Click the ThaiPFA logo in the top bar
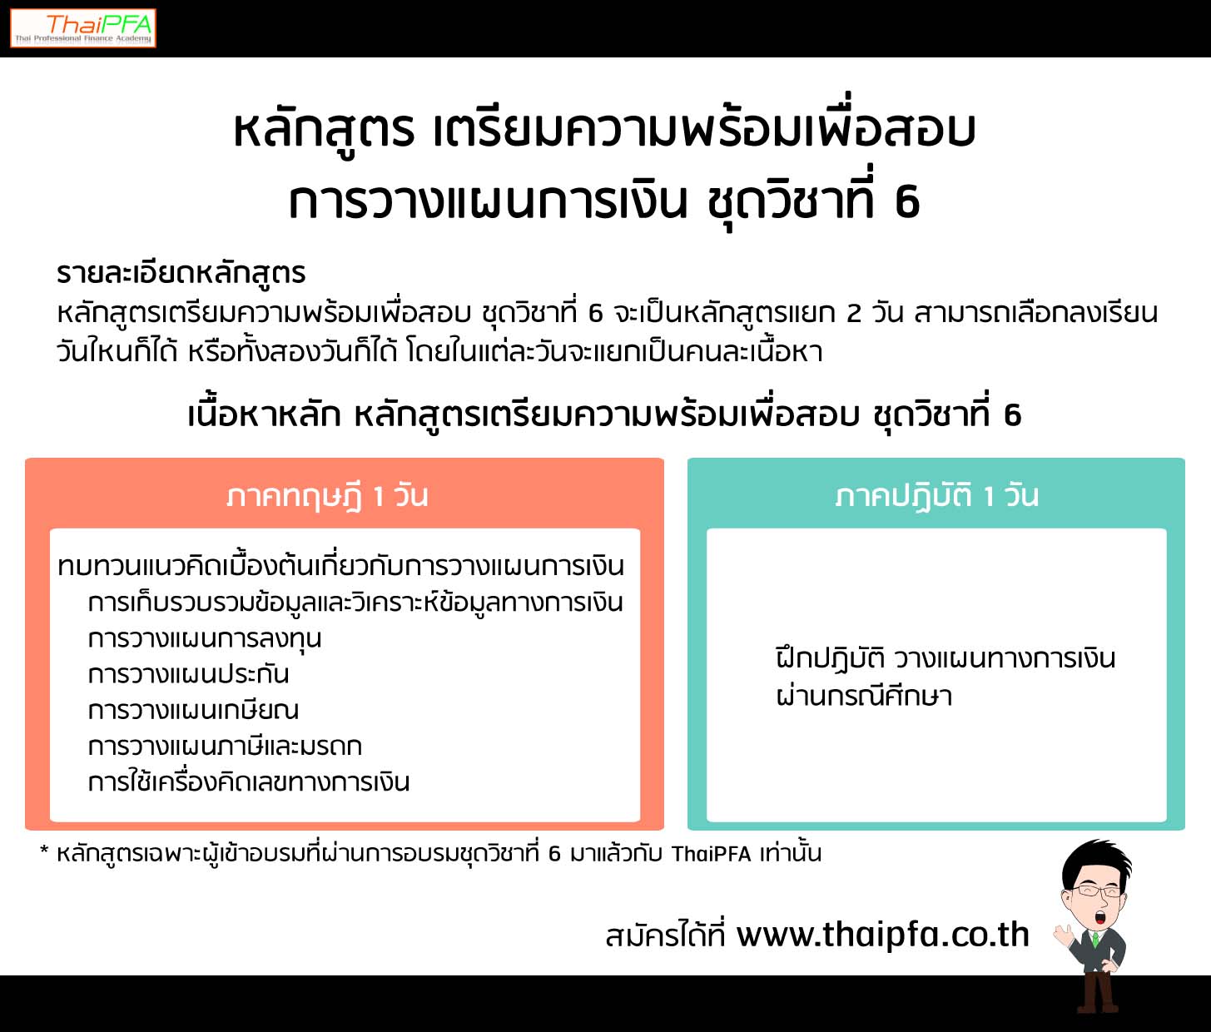pos(83,28)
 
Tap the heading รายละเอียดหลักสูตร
pos(181,273)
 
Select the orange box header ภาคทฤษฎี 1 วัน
pos(327,495)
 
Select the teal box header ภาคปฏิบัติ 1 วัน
pos(936,495)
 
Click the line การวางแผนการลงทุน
pos(205,638)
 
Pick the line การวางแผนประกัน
pos(188,674)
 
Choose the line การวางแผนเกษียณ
pos(193,711)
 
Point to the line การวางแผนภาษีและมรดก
pos(225,747)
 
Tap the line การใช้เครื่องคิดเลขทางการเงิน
pos(248,782)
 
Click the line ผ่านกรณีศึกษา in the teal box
pos(864,696)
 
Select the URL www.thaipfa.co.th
pos(883,934)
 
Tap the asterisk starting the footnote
pos(44,850)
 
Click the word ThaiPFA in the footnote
pos(712,854)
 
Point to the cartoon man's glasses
pos(1094,892)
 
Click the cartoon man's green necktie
pos(1094,940)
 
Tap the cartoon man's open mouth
pos(1099,916)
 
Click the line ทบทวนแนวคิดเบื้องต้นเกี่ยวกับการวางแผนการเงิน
pos(341,567)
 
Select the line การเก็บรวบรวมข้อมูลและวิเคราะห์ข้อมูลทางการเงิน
pos(355,603)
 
